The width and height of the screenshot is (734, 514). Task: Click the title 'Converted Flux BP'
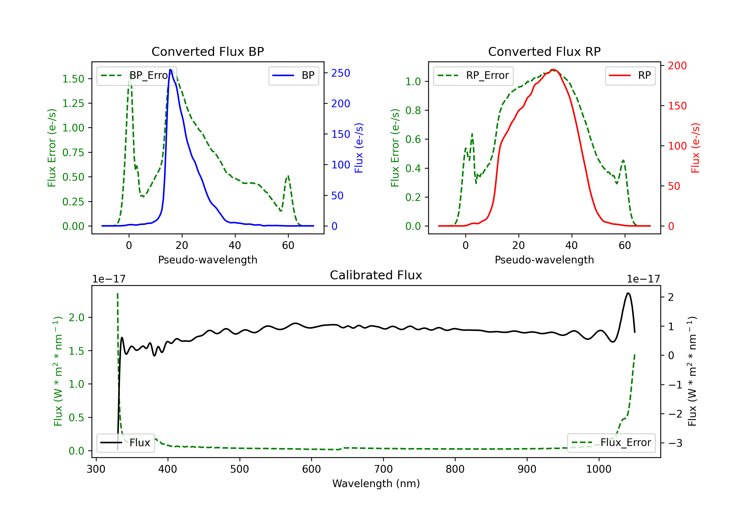click(x=207, y=51)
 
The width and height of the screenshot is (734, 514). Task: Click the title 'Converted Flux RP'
click(x=544, y=51)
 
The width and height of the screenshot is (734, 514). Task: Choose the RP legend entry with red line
click(x=630, y=75)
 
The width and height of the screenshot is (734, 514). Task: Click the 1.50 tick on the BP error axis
click(x=73, y=79)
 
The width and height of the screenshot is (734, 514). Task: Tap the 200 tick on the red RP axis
click(x=677, y=66)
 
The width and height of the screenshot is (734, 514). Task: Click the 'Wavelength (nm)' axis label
click(x=376, y=483)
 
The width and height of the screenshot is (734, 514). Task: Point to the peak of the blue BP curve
click(x=170, y=70)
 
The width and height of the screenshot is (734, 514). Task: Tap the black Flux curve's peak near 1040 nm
click(x=628, y=293)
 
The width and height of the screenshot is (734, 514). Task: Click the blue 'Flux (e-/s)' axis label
click(x=359, y=148)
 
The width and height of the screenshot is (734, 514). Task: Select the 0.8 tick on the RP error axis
click(x=413, y=110)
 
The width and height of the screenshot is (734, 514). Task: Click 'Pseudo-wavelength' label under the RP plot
click(x=544, y=260)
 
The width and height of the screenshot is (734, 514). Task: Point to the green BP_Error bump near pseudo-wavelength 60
click(x=288, y=176)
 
